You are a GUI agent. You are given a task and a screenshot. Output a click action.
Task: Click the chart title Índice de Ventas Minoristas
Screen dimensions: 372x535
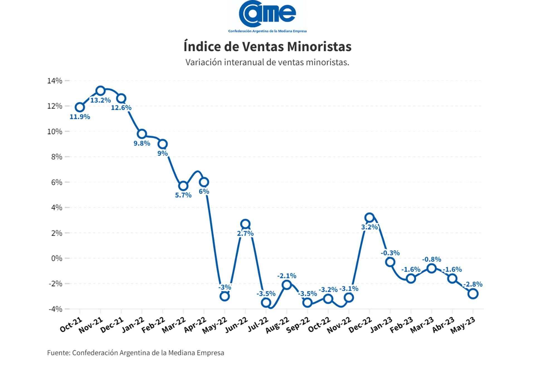267,47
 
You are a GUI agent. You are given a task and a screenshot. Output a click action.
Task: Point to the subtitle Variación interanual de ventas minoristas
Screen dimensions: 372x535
267,62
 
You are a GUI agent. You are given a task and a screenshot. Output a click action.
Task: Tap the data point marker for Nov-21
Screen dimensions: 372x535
100,91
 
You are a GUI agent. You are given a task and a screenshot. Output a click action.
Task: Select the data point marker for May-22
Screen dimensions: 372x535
225,296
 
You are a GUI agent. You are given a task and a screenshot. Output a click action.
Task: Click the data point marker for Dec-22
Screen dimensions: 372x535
369,218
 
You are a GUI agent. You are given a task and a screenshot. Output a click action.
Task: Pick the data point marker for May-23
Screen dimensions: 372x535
473,294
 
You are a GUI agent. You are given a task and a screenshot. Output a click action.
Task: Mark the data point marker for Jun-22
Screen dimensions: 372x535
245,224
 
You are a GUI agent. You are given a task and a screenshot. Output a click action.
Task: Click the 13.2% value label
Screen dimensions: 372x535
100,100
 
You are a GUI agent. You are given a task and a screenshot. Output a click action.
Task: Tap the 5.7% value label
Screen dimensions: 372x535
183,195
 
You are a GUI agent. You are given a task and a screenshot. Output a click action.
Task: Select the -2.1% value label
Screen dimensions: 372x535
287,276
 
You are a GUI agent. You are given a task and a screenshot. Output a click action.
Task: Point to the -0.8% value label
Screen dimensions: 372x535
432,259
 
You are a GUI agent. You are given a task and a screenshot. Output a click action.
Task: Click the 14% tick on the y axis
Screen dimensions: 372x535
55,81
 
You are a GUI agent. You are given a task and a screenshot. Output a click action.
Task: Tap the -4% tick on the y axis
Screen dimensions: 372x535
55,309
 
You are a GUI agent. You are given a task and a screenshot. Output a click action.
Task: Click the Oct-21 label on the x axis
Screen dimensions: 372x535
71,324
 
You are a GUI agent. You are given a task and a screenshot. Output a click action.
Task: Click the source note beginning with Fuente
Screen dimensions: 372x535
135,353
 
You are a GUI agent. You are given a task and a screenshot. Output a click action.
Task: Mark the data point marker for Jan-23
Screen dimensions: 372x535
390,262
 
